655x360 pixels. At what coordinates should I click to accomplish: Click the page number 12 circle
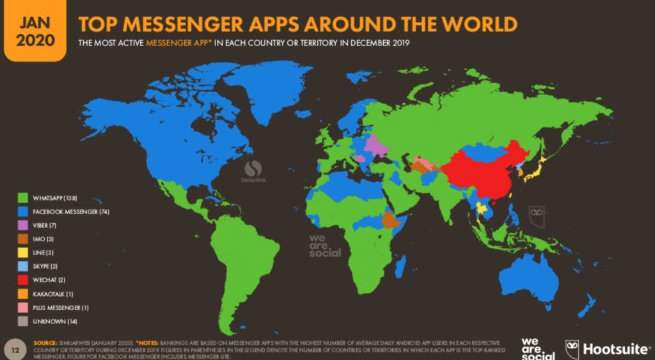click(14, 349)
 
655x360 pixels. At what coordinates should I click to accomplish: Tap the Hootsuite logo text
click(613, 349)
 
